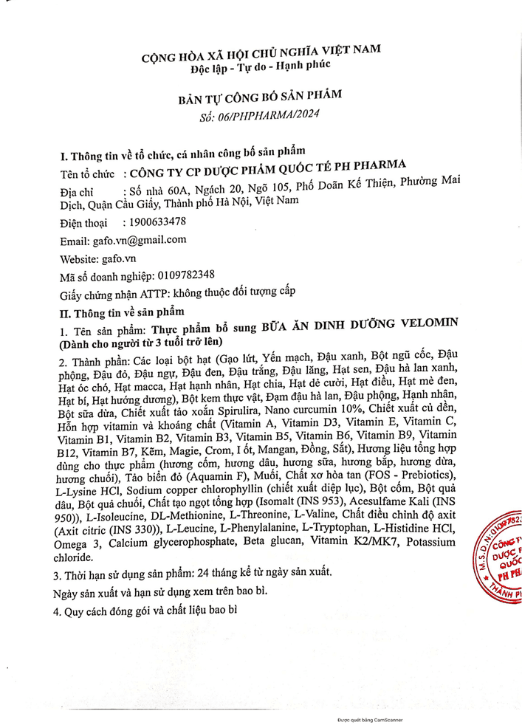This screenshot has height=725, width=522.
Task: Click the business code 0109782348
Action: (188, 275)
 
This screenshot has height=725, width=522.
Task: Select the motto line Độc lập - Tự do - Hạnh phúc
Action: (260, 64)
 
